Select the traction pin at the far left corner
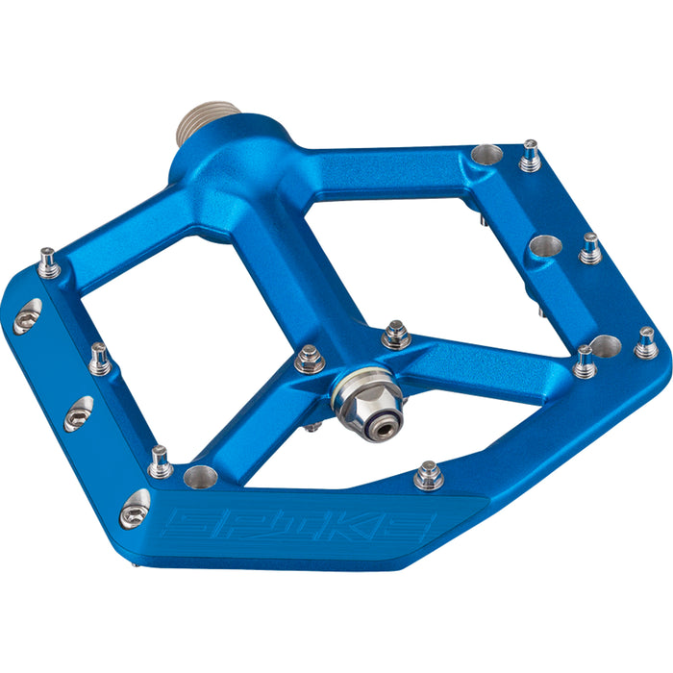coord(48,262)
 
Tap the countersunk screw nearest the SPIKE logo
coord(135,509)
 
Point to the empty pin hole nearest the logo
coord(201,474)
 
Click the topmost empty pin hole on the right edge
coord(487,155)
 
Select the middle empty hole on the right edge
coord(544,246)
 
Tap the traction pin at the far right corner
coord(647,343)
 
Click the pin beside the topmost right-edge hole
coord(529,157)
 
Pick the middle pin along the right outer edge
coord(590,250)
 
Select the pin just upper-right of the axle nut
coord(395,335)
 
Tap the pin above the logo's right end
coord(429,475)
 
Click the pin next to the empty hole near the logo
coord(160,462)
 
